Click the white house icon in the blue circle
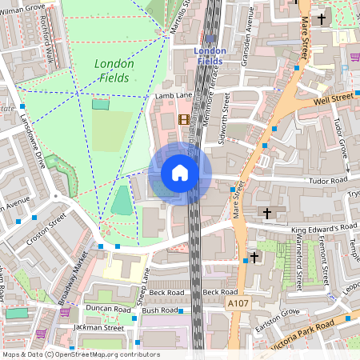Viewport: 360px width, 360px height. (x=180, y=173)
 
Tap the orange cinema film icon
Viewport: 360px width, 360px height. (x=186, y=120)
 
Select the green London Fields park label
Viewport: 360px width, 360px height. (x=113, y=70)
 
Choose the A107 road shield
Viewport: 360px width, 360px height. (x=238, y=304)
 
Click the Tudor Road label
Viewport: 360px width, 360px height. (x=326, y=180)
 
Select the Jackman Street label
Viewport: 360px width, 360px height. (x=97, y=327)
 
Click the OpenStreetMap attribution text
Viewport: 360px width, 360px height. (x=80, y=354)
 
